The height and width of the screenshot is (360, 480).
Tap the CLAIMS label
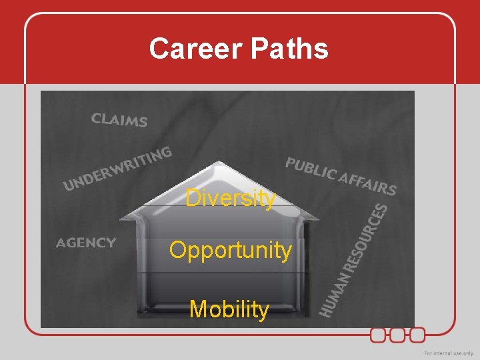click(119, 120)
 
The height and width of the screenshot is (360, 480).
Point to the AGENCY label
click(86, 243)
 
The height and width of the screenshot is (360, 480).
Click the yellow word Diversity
click(230, 198)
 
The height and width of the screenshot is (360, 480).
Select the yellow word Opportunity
click(230, 251)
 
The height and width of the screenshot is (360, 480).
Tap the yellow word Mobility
click(229, 309)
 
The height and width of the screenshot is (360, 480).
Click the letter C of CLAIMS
click(96, 118)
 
